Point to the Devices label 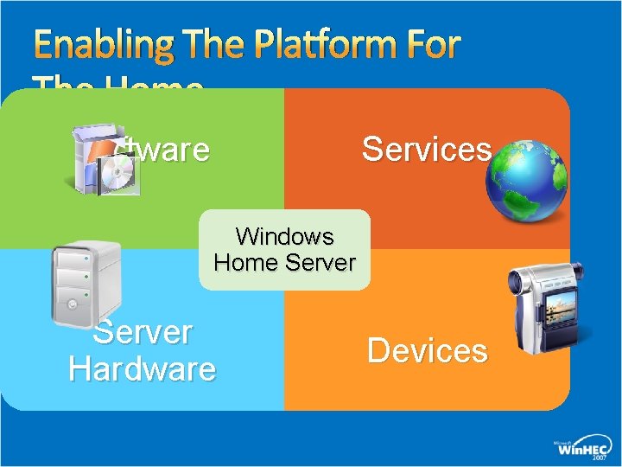(x=427, y=351)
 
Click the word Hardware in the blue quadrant (x=143, y=369)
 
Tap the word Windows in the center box (x=284, y=235)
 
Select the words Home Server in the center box (x=284, y=261)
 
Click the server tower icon (x=85, y=281)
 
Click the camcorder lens (x=523, y=281)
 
